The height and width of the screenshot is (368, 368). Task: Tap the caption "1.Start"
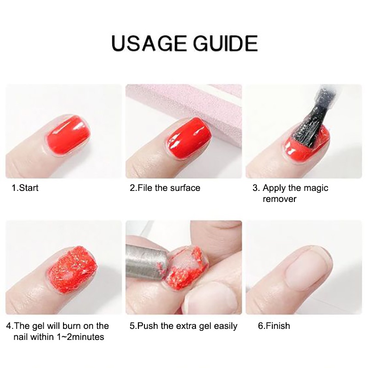[x=25, y=188]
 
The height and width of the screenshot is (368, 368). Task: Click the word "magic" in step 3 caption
[x=316, y=189]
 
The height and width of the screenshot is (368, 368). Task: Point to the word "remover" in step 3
[x=280, y=199]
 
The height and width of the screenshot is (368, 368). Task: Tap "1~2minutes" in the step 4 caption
[x=80, y=337]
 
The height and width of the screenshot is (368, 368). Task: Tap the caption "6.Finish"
[x=274, y=326]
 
